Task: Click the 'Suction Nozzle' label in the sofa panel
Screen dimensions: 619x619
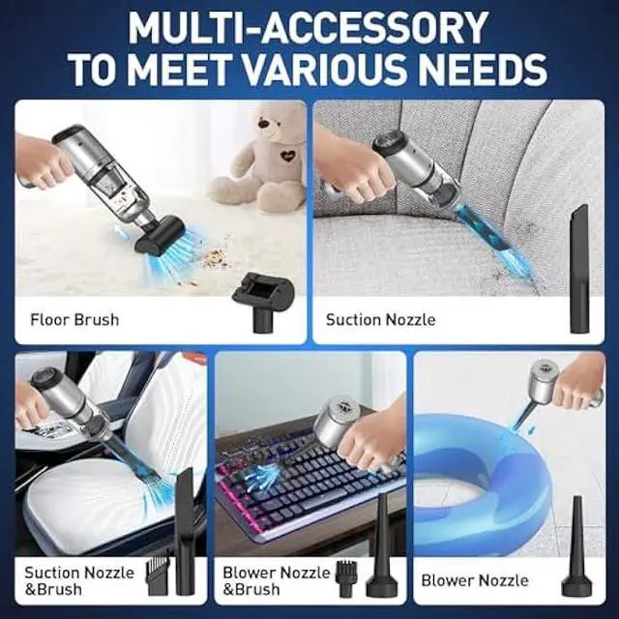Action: click(380, 319)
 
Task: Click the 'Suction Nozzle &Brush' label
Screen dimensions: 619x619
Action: click(79, 579)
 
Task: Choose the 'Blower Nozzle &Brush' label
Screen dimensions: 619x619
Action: click(277, 579)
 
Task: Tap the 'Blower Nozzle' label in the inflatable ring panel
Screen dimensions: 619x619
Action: click(475, 580)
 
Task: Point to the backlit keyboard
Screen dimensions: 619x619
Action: click(290, 479)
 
